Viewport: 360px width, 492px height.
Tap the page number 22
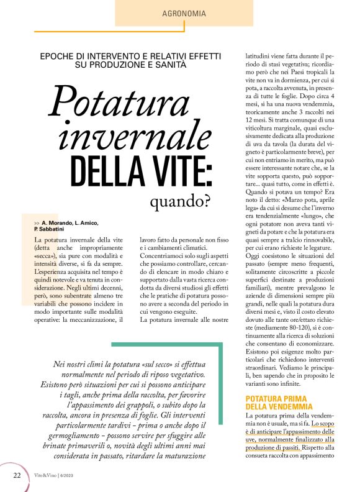[17, 475]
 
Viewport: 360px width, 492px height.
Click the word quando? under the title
[181, 202]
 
